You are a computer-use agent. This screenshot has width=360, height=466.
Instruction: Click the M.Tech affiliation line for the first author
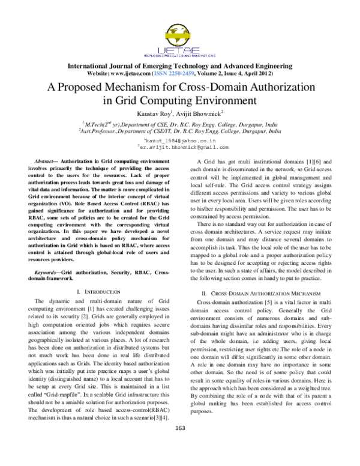click(x=179, y=122)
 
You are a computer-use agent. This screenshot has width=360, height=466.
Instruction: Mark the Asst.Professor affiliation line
click(x=179, y=129)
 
